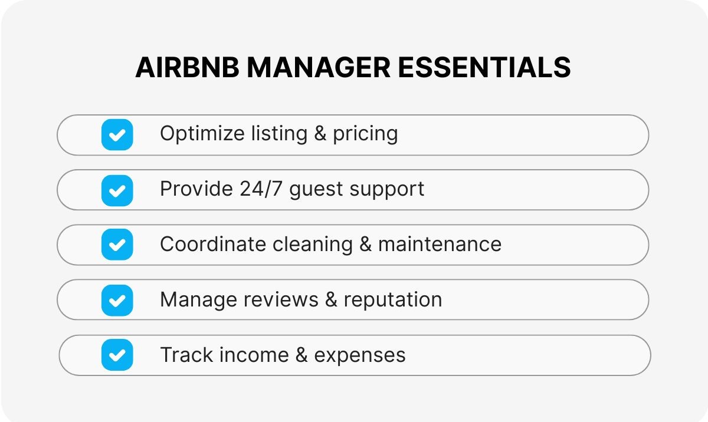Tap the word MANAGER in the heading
(x=319, y=68)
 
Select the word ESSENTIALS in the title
(x=484, y=68)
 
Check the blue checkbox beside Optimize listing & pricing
(x=117, y=135)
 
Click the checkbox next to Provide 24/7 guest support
(x=117, y=190)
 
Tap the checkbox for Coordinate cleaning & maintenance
(x=117, y=245)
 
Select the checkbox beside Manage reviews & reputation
(x=117, y=300)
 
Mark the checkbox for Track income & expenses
(x=117, y=355)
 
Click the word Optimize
(x=198, y=134)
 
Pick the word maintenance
(x=440, y=244)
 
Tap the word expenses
(x=360, y=355)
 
